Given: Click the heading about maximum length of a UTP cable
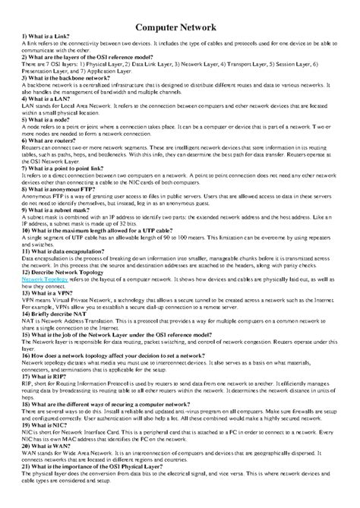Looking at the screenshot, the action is coord(107,229).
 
